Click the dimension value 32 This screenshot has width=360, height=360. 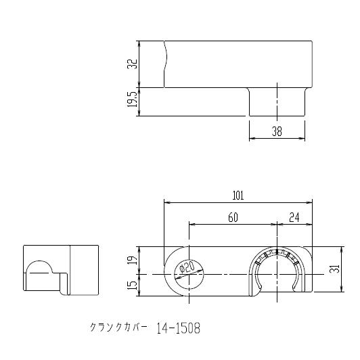(x=132, y=64)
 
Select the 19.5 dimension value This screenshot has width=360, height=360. (x=132, y=102)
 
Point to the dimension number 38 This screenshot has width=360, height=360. (x=277, y=133)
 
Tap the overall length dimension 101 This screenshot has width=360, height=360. (x=238, y=196)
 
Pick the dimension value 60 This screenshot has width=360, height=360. (x=233, y=217)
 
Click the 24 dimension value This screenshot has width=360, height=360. (x=294, y=217)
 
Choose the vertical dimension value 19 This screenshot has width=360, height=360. (x=133, y=260)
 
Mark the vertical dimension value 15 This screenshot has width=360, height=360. (x=133, y=285)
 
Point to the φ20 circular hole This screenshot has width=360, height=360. (x=183, y=274)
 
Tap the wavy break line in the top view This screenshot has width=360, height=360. (x=164, y=64)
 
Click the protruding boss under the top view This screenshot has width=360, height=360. (x=277, y=102)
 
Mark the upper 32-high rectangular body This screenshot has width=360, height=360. (x=237, y=64)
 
